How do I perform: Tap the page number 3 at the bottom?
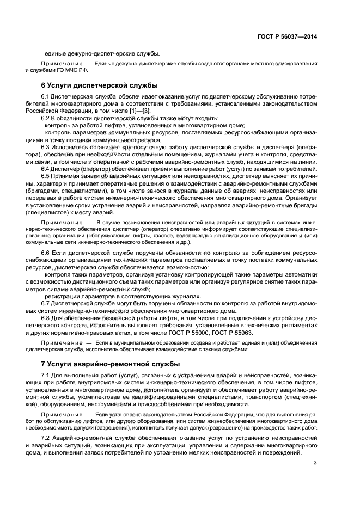tap(315, 463)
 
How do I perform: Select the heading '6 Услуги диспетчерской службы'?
tap(100, 85)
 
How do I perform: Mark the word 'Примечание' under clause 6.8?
tap(59, 343)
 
